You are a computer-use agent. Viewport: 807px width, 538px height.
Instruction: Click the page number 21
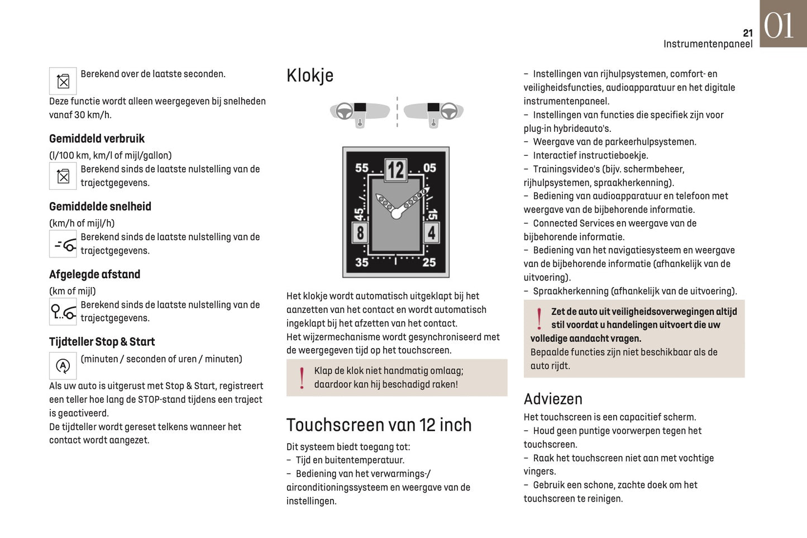point(748,33)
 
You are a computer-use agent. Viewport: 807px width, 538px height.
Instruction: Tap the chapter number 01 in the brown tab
point(779,26)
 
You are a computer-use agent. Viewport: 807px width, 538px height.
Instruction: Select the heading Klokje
point(310,75)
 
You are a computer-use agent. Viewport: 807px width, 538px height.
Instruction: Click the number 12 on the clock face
point(396,169)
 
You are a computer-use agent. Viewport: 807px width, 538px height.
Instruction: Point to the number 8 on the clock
point(360,232)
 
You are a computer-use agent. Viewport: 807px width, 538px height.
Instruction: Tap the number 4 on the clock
point(431,232)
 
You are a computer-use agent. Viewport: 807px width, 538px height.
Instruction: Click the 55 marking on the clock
point(362,168)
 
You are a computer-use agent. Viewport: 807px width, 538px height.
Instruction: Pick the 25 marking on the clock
point(429,262)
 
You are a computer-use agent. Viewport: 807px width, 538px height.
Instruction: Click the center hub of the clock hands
point(397,214)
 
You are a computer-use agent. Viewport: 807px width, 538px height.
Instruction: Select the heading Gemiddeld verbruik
point(97,139)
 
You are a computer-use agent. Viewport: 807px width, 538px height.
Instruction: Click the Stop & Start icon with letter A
point(63,366)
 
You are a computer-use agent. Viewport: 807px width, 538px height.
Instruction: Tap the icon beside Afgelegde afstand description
point(63,312)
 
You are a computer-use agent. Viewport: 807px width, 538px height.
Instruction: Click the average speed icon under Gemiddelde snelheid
point(63,244)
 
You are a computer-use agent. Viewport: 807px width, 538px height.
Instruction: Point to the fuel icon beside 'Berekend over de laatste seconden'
point(63,82)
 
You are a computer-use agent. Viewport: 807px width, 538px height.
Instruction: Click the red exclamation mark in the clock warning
point(302,378)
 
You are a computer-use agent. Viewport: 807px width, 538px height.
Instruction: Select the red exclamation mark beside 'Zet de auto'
point(539,318)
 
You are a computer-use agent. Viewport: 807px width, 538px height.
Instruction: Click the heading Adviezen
point(553,399)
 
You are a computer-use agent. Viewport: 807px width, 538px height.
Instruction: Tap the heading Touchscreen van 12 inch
point(379,425)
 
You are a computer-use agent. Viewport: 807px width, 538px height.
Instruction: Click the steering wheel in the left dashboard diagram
point(345,111)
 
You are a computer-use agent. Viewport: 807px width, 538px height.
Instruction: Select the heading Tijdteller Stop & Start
point(102,342)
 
